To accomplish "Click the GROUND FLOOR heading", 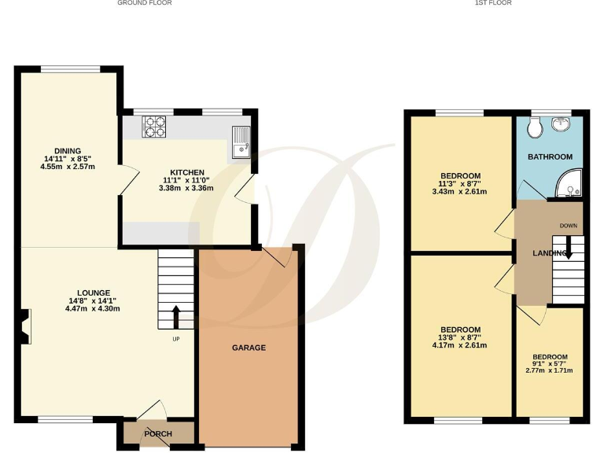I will [x=145, y=3].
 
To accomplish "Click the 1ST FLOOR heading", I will [x=493, y=3].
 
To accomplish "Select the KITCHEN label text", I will [x=187, y=172].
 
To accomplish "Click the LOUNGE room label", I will [x=83, y=293].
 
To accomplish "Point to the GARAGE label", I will [x=249, y=348].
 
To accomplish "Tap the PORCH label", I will [x=158, y=434].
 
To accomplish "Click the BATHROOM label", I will [x=550, y=157].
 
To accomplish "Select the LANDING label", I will [x=549, y=253].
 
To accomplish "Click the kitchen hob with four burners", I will [x=153, y=126].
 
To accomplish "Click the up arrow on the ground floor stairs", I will [x=175, y=317].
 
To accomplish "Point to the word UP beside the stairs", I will [x=175, y=340].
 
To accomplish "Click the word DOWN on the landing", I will [x=569, y=226].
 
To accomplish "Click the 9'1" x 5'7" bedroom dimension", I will [x=549, y=363].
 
